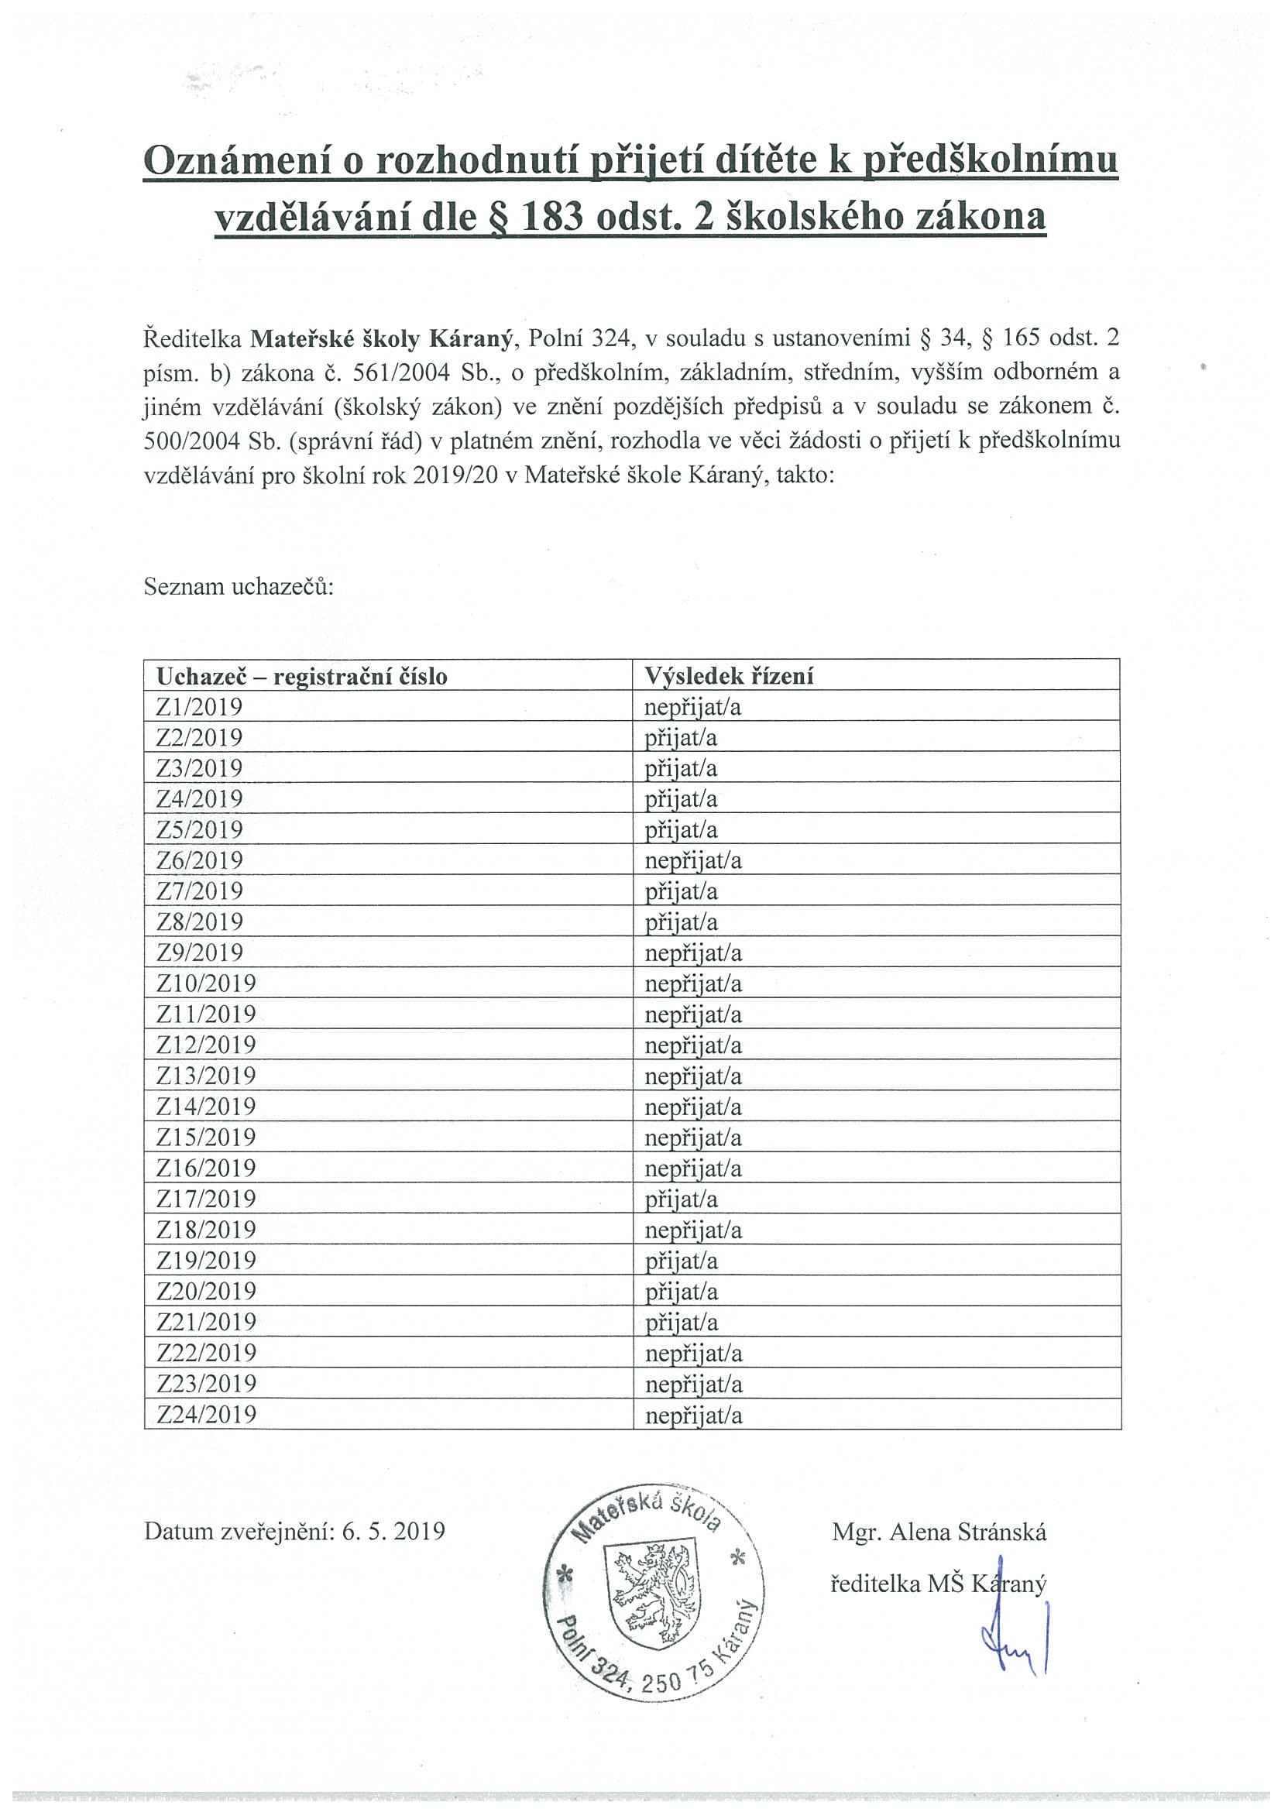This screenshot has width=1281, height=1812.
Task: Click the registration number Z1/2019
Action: click(199, 706)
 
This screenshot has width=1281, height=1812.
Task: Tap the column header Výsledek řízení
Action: click(729, 675)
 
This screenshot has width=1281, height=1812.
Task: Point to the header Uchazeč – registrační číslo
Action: click(301, 676)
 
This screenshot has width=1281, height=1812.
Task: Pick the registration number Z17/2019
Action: click(206, 1199)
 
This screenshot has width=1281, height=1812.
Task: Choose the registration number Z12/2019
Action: click(206, 1045)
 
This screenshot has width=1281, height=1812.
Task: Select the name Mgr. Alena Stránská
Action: click(939, 1532)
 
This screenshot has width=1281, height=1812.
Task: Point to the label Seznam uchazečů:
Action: click(239, 587)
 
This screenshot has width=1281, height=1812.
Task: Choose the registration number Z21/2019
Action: click(206, 1322)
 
